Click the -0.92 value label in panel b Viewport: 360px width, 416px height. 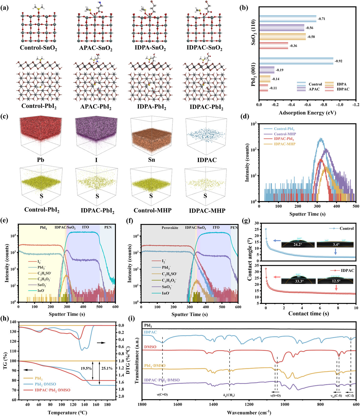[x=338, y=61]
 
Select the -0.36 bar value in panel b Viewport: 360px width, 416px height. [x=293, y=46]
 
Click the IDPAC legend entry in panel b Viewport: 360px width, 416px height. [x=343, y=89]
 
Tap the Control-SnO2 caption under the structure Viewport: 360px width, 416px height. [x=38, y=48]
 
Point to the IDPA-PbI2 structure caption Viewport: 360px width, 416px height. [x=152, y=107]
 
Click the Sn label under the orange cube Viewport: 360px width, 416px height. [x=151, y=160]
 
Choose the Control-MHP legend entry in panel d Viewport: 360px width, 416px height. [x=285, y=134]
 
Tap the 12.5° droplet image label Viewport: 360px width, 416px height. [x=335, y=281]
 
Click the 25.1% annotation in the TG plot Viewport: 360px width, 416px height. [x=107, y=368]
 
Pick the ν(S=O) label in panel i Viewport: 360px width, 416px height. [x=275, y=395]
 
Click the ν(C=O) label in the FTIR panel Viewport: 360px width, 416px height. [x=162, y=394]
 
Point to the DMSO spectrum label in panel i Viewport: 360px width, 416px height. [x=150, y=347]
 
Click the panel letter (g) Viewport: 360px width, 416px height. [x=245, y=220]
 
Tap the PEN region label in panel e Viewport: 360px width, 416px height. [x=108, y=227]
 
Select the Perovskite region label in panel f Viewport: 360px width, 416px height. [x=170, y=228]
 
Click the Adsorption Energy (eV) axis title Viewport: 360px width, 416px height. [x=307, y=113]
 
